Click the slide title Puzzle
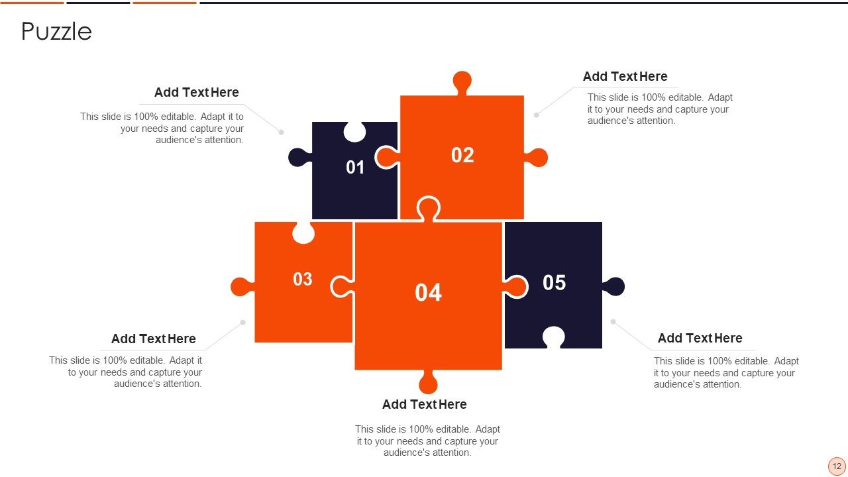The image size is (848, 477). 56,31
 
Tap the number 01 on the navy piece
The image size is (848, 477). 355,168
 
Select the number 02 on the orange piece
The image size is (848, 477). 462,155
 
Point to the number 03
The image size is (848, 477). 303,280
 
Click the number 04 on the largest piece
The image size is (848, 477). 428,293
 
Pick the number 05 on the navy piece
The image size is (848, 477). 554,283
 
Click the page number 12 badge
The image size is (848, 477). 837,466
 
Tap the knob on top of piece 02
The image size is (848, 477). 462,81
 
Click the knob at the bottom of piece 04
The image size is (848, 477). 428,382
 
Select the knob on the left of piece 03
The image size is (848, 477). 240,287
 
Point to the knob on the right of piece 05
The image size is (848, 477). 615,286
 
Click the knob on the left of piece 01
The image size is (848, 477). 298,157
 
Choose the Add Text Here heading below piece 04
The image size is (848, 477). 424,404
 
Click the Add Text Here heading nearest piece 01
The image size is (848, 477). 196,92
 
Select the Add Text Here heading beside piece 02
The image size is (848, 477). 625,76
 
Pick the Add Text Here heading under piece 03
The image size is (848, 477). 153,339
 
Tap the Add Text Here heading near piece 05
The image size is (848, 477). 700,338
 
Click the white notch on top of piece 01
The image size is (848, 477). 354,132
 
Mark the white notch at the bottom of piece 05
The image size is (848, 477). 553,337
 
